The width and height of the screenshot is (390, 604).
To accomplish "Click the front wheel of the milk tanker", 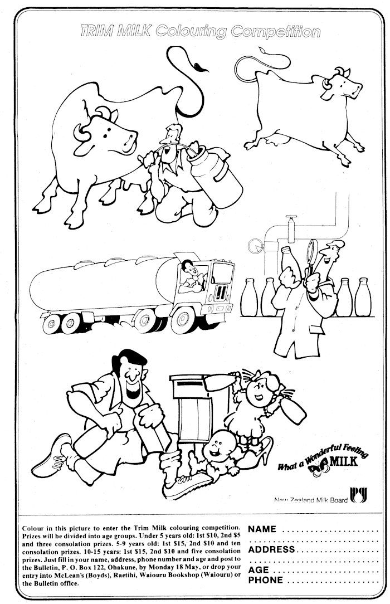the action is click(183, 320).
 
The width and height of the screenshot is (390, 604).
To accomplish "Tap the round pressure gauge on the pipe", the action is click(255, 246).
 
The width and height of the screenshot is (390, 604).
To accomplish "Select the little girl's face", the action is click(260, 392).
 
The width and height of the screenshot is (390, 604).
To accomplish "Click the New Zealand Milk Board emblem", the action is click(358, 495).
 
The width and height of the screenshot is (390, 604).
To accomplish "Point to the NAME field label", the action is click(262, 529).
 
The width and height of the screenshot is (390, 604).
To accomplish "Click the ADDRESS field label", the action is click(272, 549).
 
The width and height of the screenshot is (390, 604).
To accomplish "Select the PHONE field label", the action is click(266, 580).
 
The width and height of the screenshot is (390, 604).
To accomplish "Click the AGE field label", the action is click(259, 570).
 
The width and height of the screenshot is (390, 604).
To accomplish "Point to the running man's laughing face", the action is click(131, 378).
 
